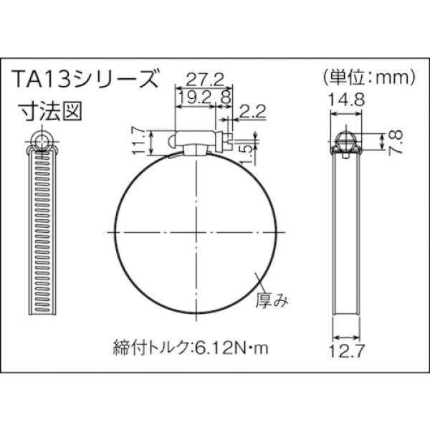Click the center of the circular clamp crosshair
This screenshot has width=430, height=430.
click(x=196, y=232)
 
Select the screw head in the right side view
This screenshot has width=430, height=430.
click(x=347, y=139)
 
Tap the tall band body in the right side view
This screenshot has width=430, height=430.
click(x=347, y=236)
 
